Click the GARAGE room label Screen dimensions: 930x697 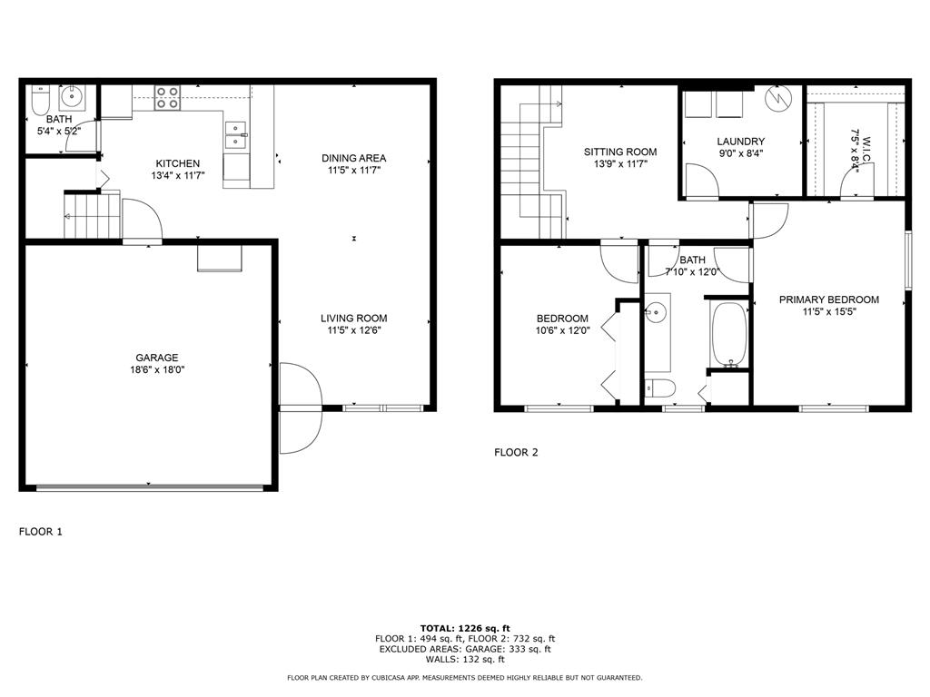(156, 358)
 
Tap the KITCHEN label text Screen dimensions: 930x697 (177, 163)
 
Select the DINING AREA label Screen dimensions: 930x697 (354, 158)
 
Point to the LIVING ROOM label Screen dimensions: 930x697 (354, 319)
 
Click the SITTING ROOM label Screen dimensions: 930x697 (620, 152)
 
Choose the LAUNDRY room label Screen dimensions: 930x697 (741, 141)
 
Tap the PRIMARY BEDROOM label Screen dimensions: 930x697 (829, 299)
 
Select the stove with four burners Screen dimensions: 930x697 (167, 98)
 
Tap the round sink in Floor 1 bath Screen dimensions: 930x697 (73, 94)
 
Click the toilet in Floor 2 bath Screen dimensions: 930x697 (660, 388)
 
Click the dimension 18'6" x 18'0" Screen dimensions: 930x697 (157, 370)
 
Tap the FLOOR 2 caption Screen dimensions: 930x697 (516, 452)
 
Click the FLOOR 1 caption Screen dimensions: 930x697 (40, 532)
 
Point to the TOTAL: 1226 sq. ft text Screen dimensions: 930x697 (465, 628)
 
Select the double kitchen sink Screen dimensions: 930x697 (236, 136)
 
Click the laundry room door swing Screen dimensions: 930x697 (702, 180)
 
